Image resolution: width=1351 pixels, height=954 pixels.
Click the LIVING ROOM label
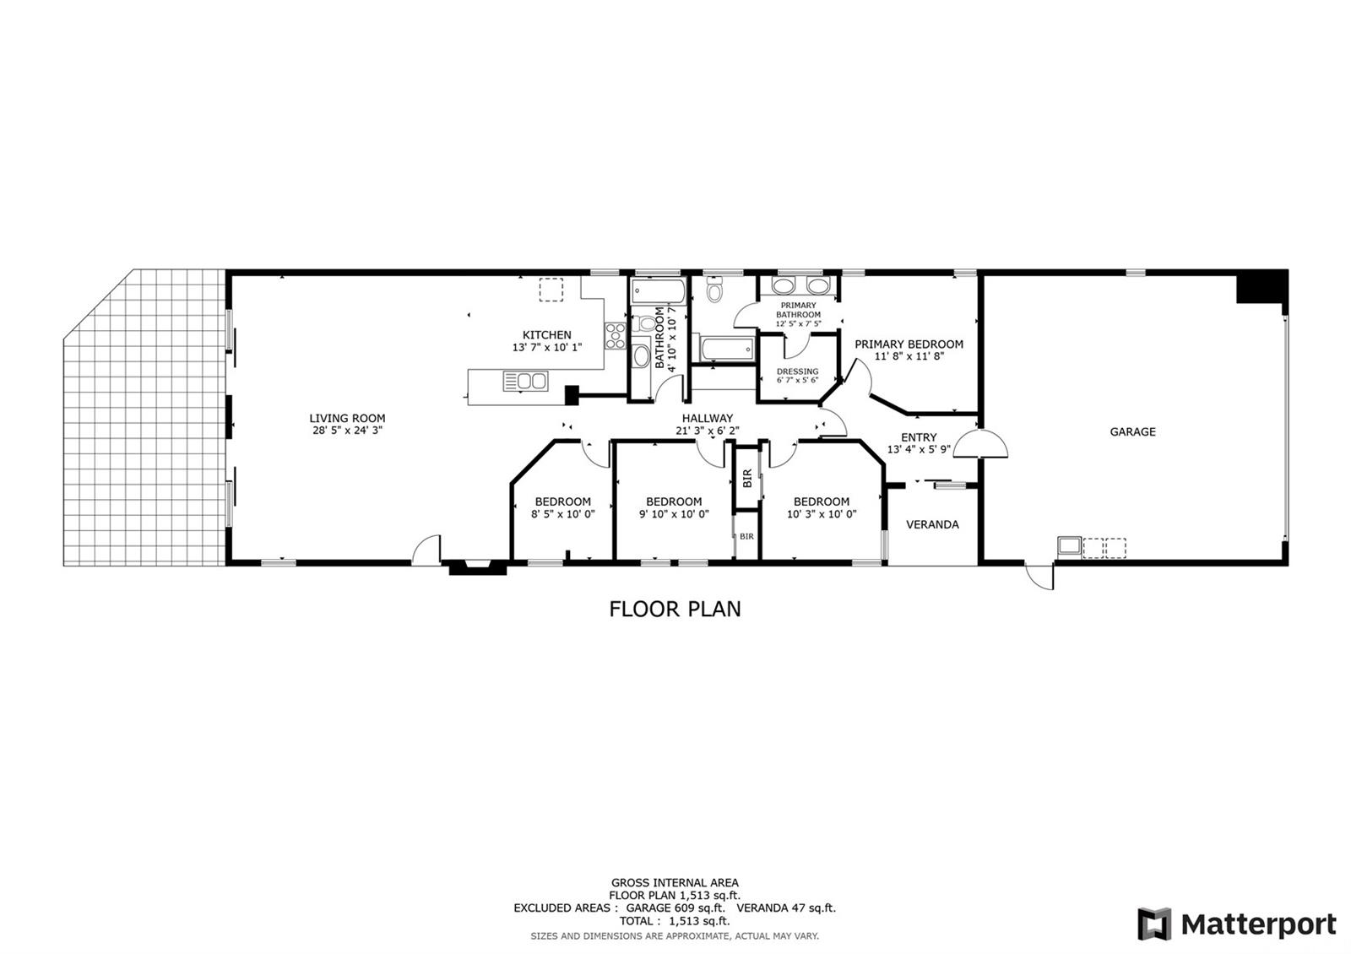coord(347,418)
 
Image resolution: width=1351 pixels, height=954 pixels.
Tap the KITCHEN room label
coord(546,334)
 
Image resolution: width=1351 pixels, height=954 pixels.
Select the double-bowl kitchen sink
coord(525,381)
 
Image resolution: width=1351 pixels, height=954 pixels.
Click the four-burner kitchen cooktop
coord(616,336)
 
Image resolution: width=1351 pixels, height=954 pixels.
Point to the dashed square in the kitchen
coord(551,290)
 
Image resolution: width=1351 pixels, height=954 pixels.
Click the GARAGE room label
coord(1132,431)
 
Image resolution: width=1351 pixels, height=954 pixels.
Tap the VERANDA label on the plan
coord(932,524)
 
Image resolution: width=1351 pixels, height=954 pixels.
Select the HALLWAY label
coord(708,418)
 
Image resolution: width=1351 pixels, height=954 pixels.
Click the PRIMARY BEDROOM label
coord(909,344)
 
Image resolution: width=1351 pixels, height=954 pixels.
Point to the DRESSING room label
coord(797,371)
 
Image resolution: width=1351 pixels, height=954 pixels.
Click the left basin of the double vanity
coord(783,286)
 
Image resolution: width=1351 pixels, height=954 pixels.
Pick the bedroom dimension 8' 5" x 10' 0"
coord(562,514)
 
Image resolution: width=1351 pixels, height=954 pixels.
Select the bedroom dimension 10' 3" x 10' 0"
coord(822,514)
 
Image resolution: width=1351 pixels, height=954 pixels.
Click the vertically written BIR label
coord(747,478)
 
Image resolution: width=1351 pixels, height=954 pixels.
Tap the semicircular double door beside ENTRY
coord(980,444)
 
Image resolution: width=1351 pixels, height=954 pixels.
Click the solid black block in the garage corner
coord(1262,288)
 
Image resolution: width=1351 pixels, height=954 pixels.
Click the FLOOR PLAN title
coord(675,609)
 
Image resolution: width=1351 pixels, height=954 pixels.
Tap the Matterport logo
coord(1237,924)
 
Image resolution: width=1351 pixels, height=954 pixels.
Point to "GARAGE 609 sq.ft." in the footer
coord(675,908)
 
